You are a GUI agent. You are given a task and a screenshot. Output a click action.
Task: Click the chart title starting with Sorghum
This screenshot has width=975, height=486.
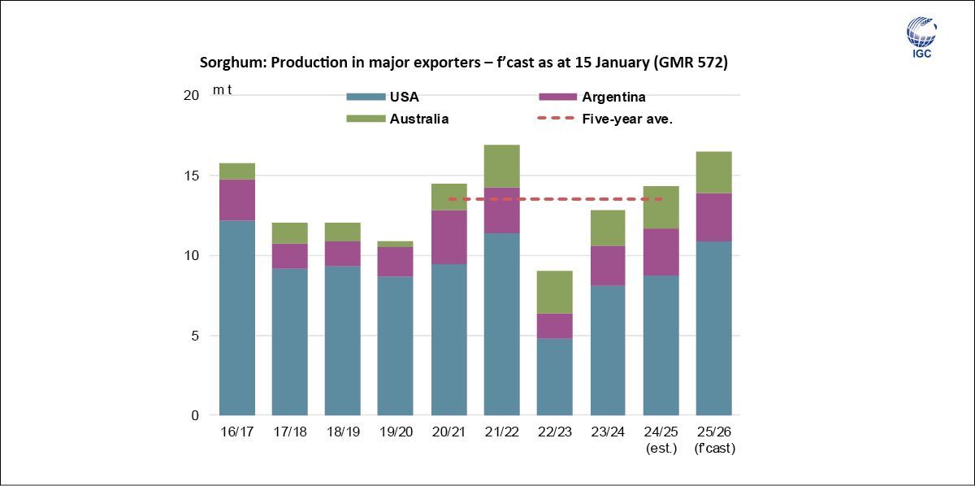click(x=463, y=63)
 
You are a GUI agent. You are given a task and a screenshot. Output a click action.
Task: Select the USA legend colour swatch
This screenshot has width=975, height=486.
click(x=363, y=98)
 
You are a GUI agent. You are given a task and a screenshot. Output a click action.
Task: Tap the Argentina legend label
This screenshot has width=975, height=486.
click(x=613, y=98)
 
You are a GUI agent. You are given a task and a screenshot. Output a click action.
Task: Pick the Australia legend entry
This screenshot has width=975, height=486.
click(x=419, y=119)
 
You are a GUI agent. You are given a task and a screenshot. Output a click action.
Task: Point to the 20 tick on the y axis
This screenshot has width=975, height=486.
click(x=191, y=96)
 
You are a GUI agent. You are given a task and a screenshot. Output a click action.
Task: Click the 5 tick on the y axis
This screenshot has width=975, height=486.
click(x=194, y=336)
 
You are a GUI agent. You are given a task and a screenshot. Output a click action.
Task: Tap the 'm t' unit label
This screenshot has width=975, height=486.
click(x=222, y=89)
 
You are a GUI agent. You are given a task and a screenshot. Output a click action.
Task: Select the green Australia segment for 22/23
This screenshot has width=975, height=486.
click(x=555, y=292)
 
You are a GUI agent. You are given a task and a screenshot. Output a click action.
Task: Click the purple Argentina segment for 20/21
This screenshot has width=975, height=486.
click(x=448, y=236)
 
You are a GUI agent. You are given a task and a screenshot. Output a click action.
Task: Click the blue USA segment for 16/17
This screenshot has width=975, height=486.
click(x=237, y=317)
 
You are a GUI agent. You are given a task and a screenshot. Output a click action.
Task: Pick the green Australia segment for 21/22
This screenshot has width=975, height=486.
click(x=501, y=166)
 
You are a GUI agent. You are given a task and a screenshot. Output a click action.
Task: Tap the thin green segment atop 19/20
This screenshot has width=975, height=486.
click(x=396, y=244)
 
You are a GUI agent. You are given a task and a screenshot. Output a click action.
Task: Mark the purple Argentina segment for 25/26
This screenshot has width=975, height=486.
click(x=713, y=216)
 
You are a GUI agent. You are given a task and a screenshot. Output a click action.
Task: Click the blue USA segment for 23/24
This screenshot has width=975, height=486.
click(x=608, y=349)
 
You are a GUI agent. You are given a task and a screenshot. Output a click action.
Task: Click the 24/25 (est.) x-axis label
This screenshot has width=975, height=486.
click(x=661, y=439)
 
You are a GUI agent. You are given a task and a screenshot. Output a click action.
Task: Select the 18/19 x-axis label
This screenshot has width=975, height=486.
click(x=342, y=432)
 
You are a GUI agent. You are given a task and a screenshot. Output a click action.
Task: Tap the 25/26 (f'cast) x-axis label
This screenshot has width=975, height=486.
click(x=713, y=439)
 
